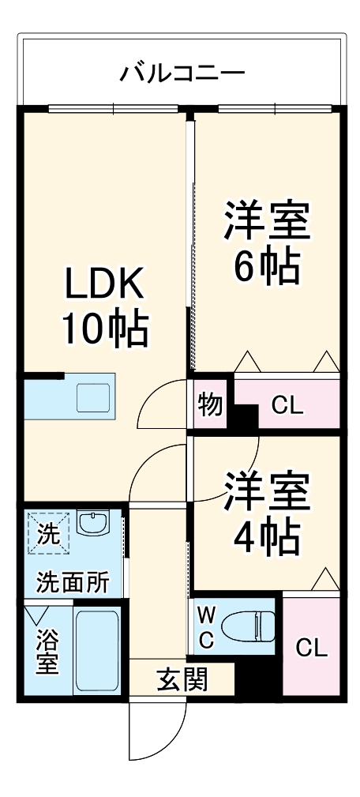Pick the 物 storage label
coord(210,405)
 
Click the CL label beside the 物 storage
coord(287,406)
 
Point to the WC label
coord(204,627)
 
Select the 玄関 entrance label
coord(182,679)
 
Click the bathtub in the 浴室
coord(96,649)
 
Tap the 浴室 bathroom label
coord(47,650)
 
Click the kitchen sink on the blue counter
coord(95,397)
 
